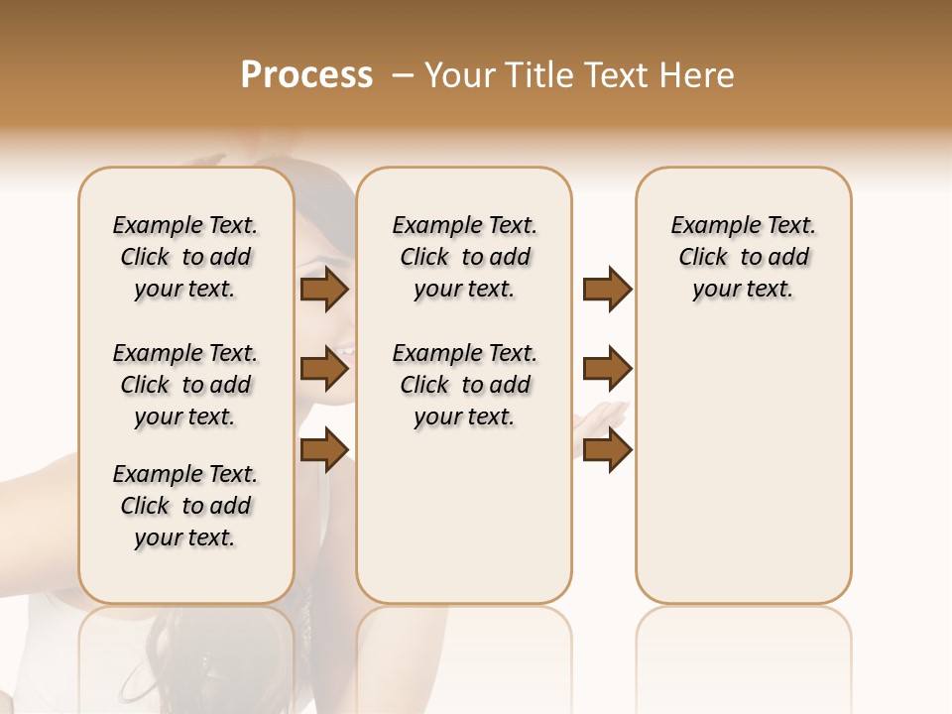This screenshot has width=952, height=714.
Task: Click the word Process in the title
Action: [306, 75]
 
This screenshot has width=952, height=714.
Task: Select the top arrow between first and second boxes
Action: [324, 290]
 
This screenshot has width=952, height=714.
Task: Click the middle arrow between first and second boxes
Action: [324, 370]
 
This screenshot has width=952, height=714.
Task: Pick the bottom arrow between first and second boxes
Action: [324, 449]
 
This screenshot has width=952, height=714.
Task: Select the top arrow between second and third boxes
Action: [607, 290]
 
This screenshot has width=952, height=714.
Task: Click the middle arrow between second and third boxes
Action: [607, 370]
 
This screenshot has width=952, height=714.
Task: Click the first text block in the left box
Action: [185, 257]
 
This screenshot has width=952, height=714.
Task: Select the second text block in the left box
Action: [185, 385]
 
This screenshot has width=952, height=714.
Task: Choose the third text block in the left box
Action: [185, 506]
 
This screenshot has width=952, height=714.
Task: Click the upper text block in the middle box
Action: [464, 257]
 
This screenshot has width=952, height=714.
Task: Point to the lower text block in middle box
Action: [464, 385]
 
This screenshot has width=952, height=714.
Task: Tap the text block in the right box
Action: [743, 257]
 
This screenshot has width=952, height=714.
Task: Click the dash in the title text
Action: [403, 75]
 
